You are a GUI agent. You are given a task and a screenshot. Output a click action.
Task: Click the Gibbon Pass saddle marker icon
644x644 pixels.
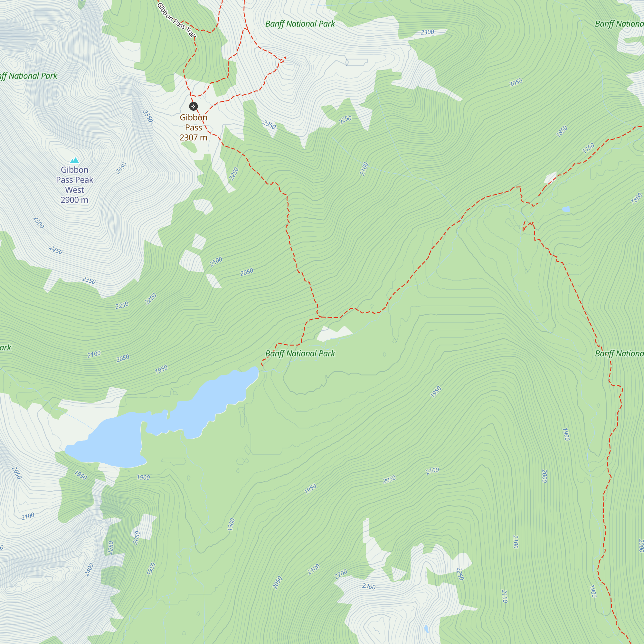click(193, 106)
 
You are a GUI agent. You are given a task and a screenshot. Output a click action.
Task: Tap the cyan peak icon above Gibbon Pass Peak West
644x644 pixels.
click(75, 160)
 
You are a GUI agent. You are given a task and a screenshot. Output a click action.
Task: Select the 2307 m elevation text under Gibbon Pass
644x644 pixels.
click(193, 137)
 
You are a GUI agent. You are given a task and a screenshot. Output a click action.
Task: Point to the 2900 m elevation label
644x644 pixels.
click(74, 200)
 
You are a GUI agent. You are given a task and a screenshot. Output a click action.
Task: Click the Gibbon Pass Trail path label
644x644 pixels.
click(176, 20)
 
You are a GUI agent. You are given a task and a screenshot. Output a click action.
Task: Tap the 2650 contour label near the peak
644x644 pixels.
click(121, 168)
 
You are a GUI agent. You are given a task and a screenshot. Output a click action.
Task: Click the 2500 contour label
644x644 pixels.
click(39, 222)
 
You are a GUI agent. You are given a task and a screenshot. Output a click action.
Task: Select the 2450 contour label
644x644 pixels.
click(56, 250)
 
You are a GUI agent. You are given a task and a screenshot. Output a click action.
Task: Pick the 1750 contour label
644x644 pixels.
click(588, 148)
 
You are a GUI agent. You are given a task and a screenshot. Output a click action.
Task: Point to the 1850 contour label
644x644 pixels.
click(562, 131)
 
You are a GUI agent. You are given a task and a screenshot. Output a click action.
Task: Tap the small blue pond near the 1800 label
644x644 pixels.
click(566, 209)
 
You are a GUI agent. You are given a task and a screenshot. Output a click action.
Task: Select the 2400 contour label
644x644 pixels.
click(89, 570)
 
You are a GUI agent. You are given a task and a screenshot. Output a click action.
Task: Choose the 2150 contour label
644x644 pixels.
click(504, 596)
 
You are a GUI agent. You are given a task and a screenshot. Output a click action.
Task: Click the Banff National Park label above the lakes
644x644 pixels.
click(300, 353)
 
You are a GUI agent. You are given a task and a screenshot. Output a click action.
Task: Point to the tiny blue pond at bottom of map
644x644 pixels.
click(426, 629)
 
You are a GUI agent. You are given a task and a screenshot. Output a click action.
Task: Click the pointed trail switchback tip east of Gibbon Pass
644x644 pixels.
click(286, 57)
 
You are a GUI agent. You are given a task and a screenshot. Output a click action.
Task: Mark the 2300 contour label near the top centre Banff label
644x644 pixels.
click(427, 32)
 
